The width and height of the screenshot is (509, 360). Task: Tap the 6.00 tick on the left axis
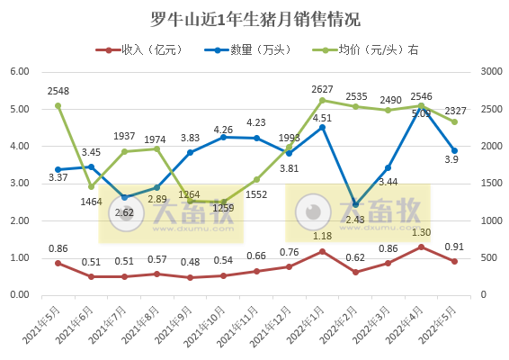(x=20, y=72)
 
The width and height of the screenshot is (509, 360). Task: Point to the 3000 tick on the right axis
(x=492, y=72)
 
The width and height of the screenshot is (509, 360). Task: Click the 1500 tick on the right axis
(x=492, y=184)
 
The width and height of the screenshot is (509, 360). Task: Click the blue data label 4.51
(x=322, y=139)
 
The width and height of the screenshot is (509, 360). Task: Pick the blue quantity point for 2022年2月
(x=355, y=204)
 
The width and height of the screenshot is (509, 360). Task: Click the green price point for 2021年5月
(x=58, y=105)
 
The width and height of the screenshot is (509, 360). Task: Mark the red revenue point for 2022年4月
(x=421, y=247)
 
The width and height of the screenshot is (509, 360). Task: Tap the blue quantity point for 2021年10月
(x=223, y=137)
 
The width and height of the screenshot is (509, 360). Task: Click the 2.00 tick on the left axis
(x=20, y=220)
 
